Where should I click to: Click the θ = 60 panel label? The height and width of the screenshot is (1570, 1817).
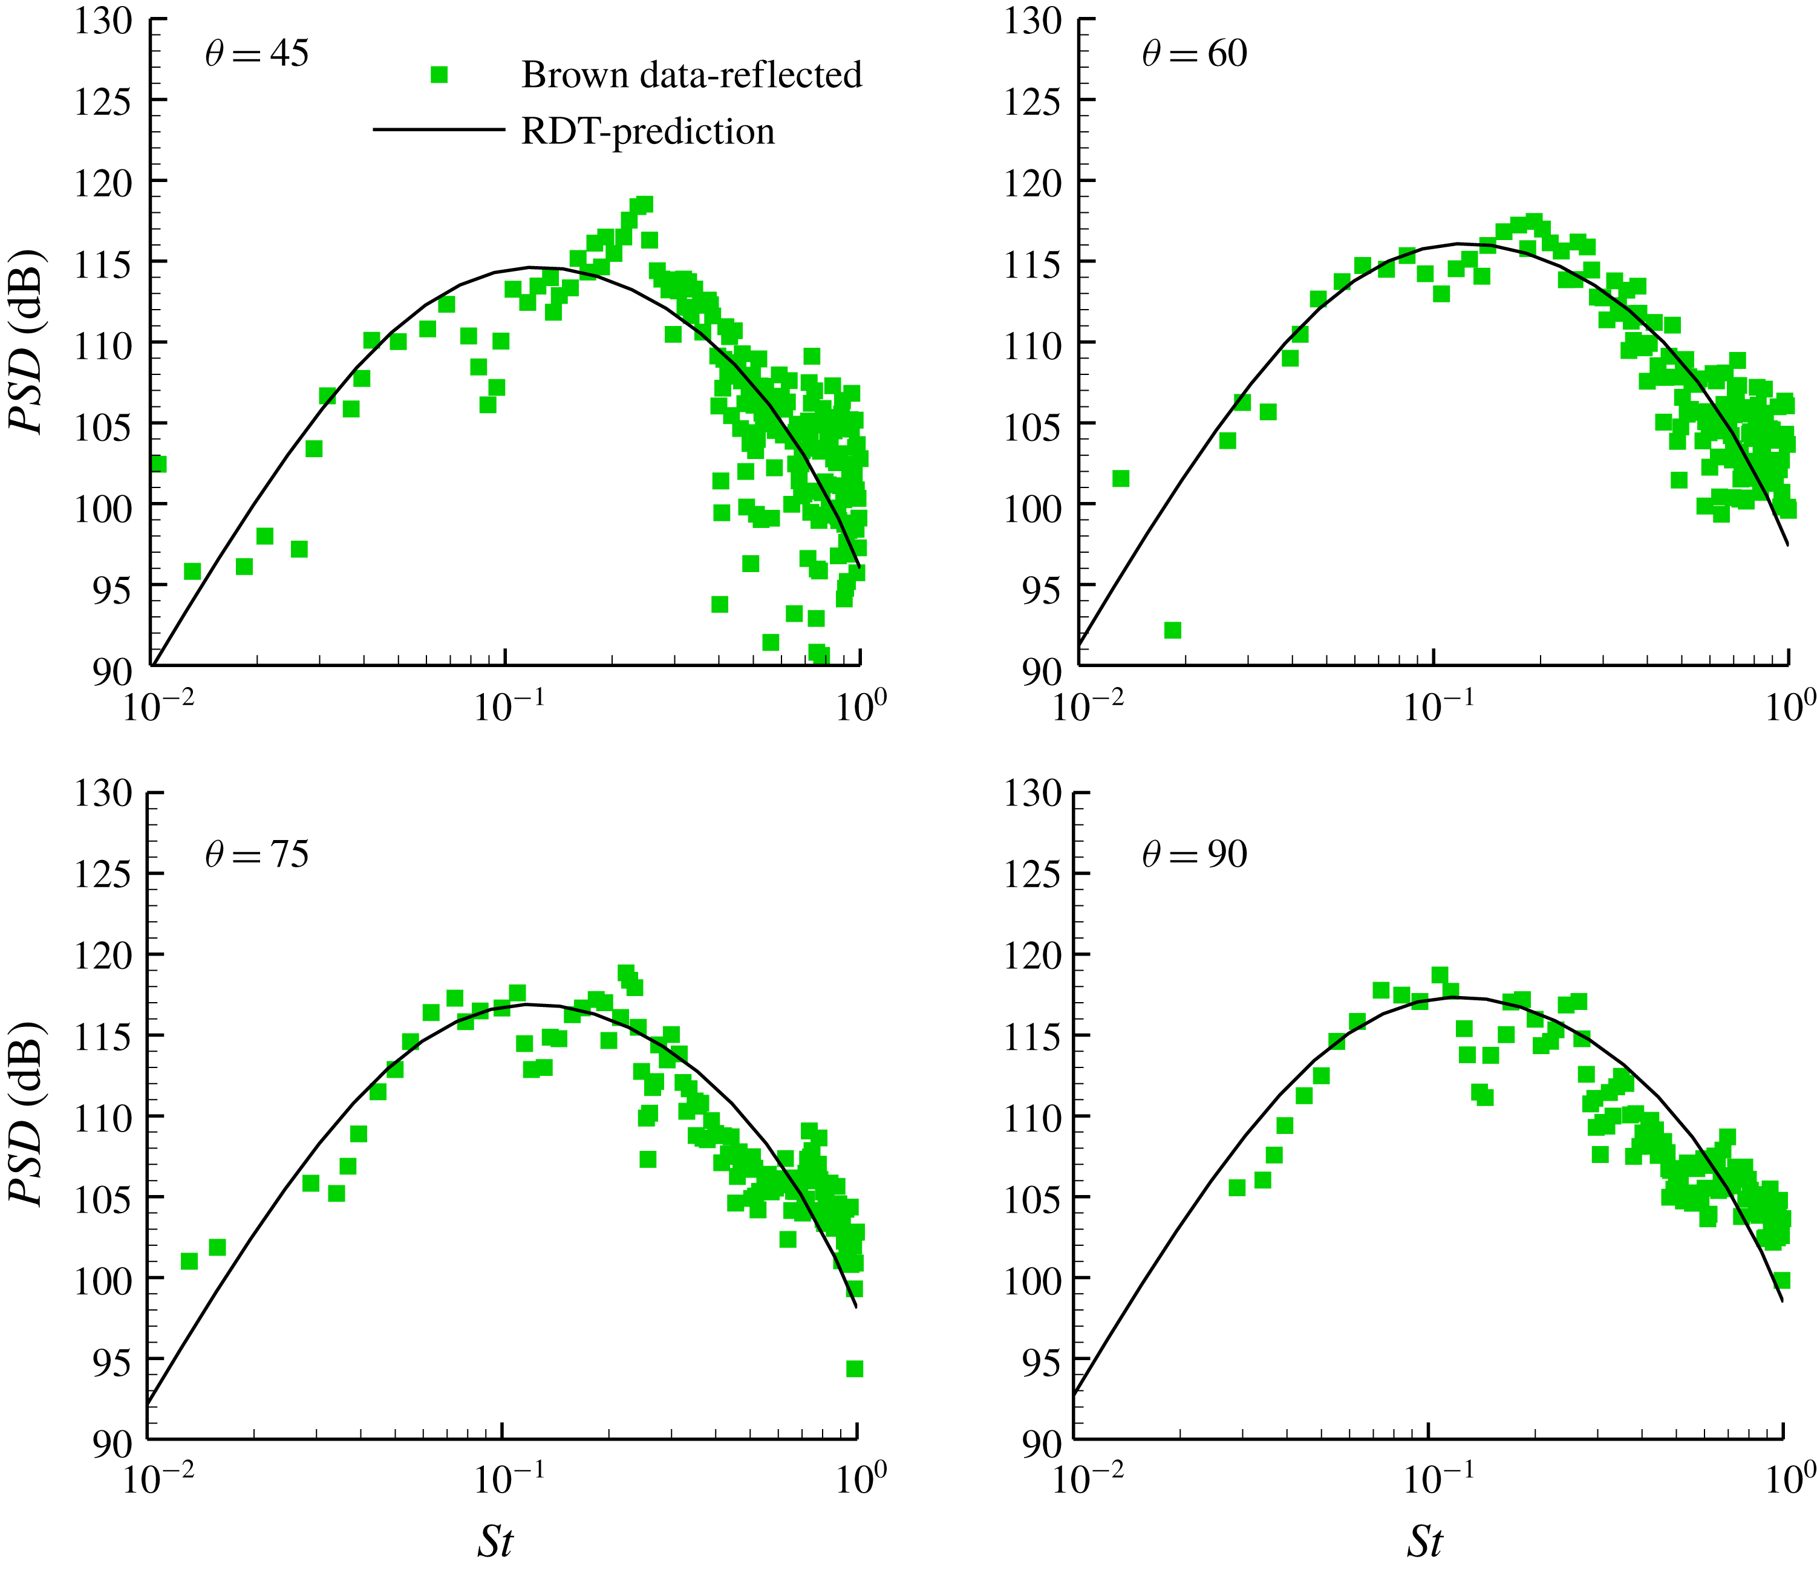pos(1195,54)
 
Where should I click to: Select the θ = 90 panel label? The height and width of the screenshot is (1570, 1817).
pos(1195,855)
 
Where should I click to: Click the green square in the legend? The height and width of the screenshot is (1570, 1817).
pos(439,76)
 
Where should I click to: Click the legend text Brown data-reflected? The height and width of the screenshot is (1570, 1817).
pos(691,76)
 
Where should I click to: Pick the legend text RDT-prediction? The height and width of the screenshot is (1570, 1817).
pos(648,131)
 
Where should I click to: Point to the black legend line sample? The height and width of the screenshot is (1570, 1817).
pos(439,131)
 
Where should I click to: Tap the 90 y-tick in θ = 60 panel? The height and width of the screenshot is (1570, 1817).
pos(1041,673)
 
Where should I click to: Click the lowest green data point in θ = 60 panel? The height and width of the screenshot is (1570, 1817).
pos(1172,630)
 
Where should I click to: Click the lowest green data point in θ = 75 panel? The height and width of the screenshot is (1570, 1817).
pos(854,1369)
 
